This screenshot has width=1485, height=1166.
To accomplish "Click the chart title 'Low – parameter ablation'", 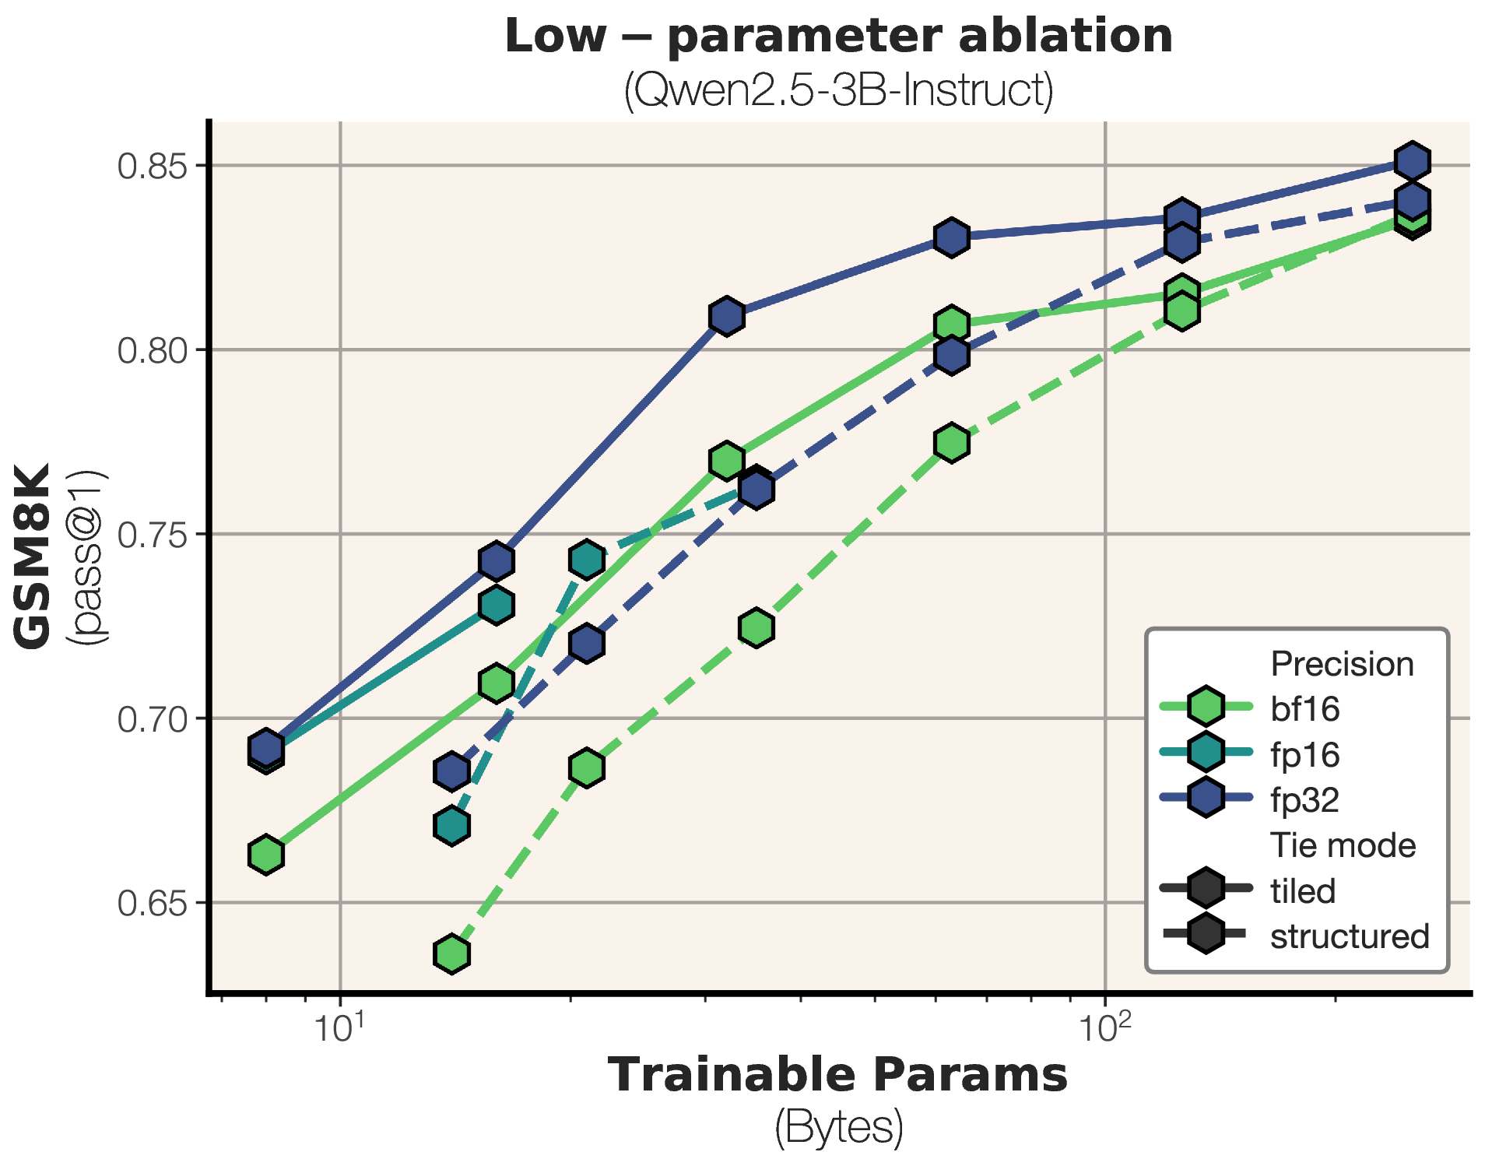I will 838,37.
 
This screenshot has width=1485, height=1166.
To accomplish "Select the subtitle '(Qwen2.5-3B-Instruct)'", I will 838,91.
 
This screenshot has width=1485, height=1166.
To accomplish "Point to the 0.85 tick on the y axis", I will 153,166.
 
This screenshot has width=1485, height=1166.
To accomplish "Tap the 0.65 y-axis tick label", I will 153,903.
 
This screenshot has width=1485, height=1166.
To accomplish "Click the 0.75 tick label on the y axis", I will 153,535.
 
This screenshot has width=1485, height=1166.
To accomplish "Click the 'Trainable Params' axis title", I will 837,1076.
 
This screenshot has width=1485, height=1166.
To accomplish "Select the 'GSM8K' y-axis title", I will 33,556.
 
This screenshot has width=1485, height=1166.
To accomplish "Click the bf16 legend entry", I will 1304,708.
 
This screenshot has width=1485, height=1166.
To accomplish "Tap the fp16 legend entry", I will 1304,754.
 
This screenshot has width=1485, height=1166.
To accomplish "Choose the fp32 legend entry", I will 1304,799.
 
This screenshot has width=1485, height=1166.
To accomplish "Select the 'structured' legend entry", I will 1350,936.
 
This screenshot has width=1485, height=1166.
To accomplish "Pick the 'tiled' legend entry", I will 1303,890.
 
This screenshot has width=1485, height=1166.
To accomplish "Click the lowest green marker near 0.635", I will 451,954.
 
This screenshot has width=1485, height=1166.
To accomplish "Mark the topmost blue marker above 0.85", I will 1412,162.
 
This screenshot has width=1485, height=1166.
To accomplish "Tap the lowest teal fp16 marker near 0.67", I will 451,825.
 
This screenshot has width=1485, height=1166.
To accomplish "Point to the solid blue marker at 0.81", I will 727,317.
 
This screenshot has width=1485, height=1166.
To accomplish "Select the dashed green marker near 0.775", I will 951,443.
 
